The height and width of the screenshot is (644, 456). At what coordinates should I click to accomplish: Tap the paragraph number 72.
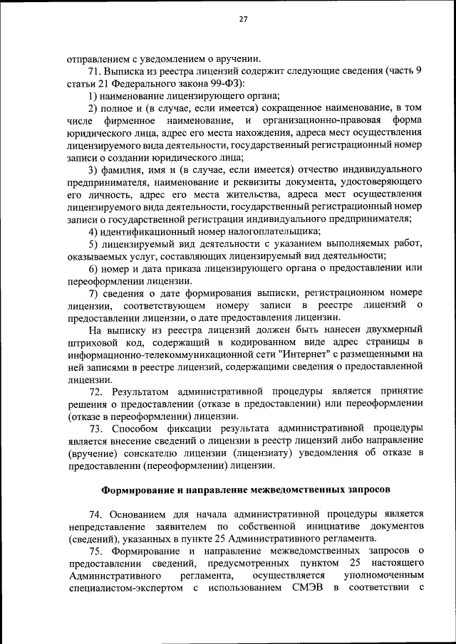pos(97,392)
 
